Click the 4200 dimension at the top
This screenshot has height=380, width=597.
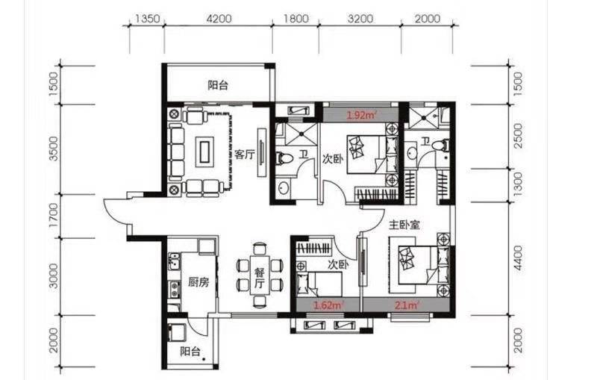pos(219,19)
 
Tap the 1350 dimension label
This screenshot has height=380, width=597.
pos(147,19)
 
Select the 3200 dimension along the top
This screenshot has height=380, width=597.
pos(360,19)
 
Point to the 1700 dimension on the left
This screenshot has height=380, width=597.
pos(54,215)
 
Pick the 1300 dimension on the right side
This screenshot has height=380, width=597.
pos(519,184)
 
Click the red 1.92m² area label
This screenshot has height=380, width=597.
pos(361,115)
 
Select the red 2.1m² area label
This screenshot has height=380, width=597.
pos(407,305)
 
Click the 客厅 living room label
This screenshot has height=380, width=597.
pos(245,155)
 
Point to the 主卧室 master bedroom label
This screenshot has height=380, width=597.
pos(404,225)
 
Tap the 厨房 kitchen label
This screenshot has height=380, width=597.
pos(199,282)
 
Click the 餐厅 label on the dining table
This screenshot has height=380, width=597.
pos(260,278)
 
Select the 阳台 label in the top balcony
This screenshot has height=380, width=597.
pos(218,85)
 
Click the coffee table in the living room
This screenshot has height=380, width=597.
pos(204,152)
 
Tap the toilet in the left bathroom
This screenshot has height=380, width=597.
pos(283,158)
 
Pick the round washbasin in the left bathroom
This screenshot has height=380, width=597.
pos(283,187)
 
